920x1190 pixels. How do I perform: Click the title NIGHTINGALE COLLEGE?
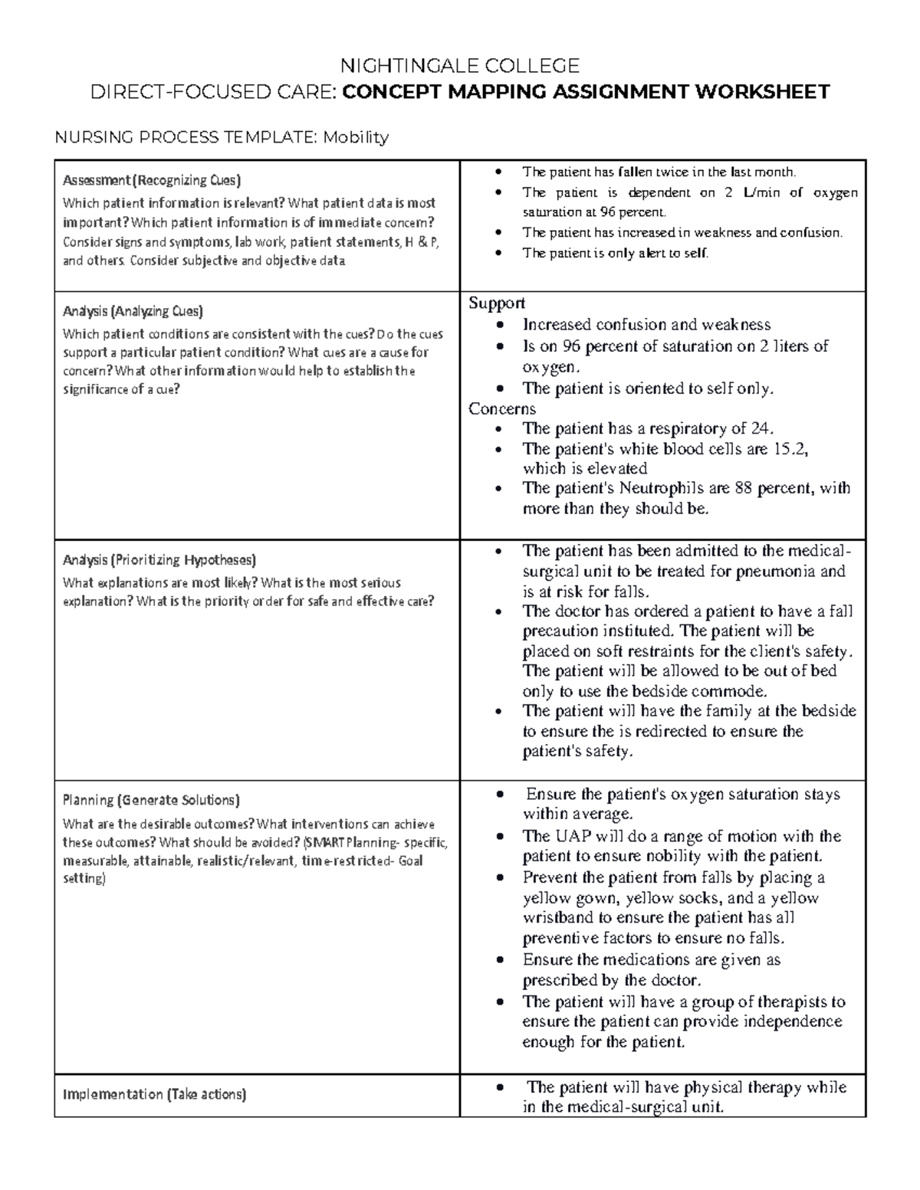[460, 65]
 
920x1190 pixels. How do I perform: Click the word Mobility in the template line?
[355, 138]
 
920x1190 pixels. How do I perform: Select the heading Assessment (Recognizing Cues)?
[152, 181]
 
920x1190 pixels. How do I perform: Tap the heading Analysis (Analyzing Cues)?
[133, 311]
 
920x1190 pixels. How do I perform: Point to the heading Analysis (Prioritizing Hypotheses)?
[159, 559]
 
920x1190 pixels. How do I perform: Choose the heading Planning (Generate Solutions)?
[151, 800]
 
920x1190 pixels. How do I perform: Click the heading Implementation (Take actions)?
[154, 1094]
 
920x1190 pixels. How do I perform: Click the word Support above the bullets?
[496, 303]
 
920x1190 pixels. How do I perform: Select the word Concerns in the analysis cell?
[502, 408]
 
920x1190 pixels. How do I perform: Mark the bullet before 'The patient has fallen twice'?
[499, 172]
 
